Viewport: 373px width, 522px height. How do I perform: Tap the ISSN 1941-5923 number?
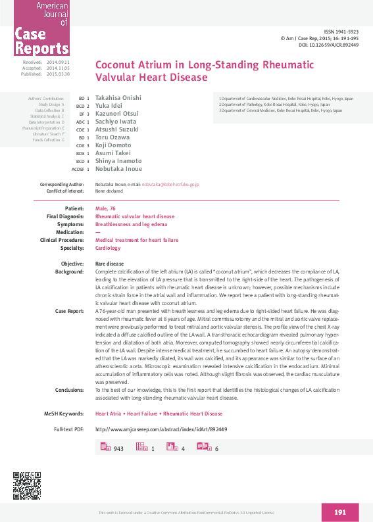pyautogui.click(x=342, y=32)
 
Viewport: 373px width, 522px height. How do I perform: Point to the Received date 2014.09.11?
pyautogui.click(x=59, y=61)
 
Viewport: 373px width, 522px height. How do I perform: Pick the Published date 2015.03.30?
pyautogui.click(x=59, y=74)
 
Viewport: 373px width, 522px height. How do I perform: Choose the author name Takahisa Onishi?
pyautogui.click(x=118, y=98)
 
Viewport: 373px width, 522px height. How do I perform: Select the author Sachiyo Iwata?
pyautogui.click(x=115, y=122)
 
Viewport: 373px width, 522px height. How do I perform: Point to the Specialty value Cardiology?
pyautogui.click(x=108, y=248)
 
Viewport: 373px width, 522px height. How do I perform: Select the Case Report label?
pyautogui.click(x=69, y=310)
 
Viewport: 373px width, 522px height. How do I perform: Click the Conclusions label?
pyautogui.click(x=69, y=389)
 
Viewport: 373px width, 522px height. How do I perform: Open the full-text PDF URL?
pyautogui.click(x=161, y=429)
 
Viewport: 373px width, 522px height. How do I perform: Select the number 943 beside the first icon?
pyautogui.click(x=118, y=448)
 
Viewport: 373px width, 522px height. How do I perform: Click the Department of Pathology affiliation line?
pyautogui.click(x=275, y=104)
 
